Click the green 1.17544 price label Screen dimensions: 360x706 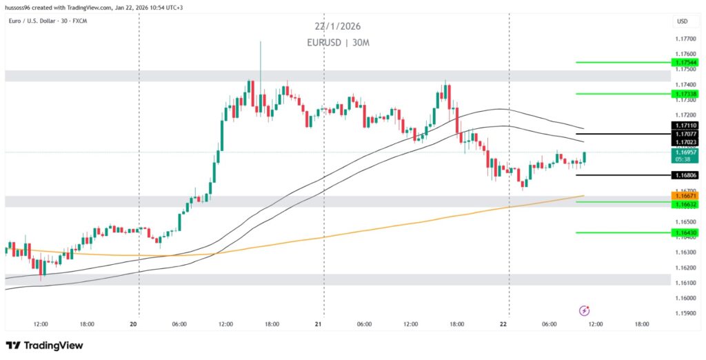pyautogui.click(x=687, y=62)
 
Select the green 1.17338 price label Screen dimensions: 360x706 pyautogui.click(x=687, y=94)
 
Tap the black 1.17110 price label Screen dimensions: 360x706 pyautogui.click(x=687, y=126)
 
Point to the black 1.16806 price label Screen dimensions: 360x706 pyautogui.click(x=687, y=175)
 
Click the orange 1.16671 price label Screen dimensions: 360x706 pyautogui.click(x=687, y=197)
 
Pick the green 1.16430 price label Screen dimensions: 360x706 pyautogui.click(x=687, y=233)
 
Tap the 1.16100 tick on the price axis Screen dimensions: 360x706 pyautogui.click(x=685, y=283)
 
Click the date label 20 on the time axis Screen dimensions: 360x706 pyautogui.click(x=134, y=323)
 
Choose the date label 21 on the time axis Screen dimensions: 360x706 pyautogui.click(x=319, y=323)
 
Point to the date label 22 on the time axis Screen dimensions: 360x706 pyautogui.click(x=504, y=323)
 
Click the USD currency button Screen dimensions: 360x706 pyautogui.click(x=683, y=21)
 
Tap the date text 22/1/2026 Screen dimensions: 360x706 pyautogui.click(x=337, y=27)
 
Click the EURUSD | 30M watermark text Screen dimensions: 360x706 pyautogui.click(x=337, y=43)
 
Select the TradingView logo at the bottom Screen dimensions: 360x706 pyautogui.click(x=45, y=346)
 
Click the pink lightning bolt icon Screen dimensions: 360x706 pyautogui.click(x=585, y=310)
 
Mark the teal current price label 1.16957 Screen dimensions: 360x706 pyautogui.click(x=687, y=152)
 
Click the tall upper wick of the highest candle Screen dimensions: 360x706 pyautogui.click(x=261, y=59)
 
